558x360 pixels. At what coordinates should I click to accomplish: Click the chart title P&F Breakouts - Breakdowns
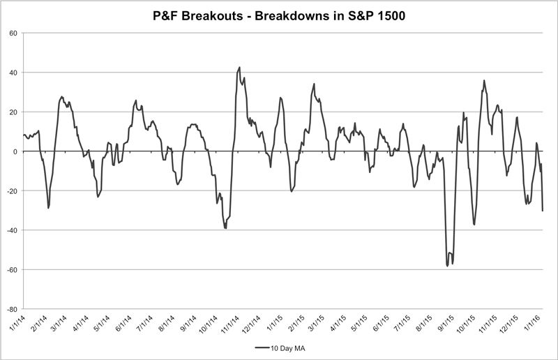[279, 14]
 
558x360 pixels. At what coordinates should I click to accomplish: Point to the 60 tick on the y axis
[13, 33]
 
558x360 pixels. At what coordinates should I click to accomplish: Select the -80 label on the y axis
[12, 309]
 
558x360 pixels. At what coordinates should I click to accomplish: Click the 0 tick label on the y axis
[15, 151]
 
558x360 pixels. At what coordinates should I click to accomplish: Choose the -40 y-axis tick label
[12, 230]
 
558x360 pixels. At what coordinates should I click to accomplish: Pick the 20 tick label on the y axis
[13, 112]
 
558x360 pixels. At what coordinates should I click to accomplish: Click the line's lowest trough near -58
[447, 266]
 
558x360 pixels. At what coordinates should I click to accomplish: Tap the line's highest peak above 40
[239, 68]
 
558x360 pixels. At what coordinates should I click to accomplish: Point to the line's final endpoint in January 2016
[543, 210]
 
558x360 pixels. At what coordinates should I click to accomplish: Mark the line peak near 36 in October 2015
[484, 80]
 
